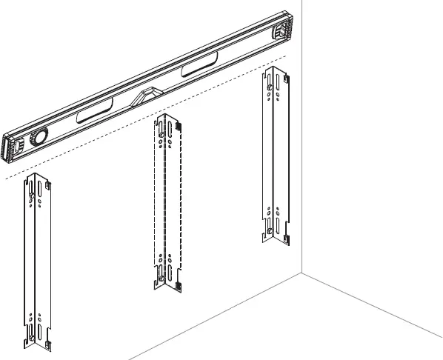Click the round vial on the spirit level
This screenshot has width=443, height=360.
(x=38, y=138)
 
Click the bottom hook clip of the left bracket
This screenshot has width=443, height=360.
(x=46, y=345)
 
